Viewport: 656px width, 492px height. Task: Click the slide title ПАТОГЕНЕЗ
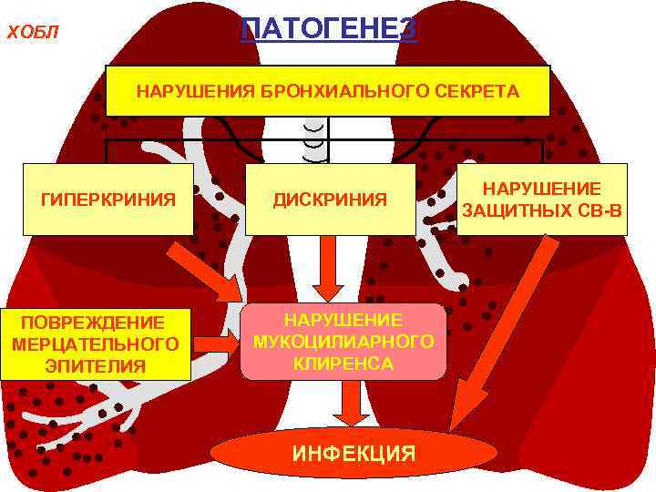[329, 28]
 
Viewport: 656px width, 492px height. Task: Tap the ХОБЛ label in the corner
[33, 34]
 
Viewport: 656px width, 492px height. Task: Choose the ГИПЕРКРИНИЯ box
[108, 199]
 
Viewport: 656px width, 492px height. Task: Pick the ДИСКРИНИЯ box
[330, 199]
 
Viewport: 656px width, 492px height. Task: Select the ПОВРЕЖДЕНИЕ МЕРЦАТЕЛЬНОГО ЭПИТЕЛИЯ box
[96, 344]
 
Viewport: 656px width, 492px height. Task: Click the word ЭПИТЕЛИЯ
[96, 366]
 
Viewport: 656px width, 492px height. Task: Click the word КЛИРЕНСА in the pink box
[343, 364]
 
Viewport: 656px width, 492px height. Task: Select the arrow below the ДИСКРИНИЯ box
[327, 269]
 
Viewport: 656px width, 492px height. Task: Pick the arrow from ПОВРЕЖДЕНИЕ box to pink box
[215, 343]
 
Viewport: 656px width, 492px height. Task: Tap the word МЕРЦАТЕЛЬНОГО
[96, 344]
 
